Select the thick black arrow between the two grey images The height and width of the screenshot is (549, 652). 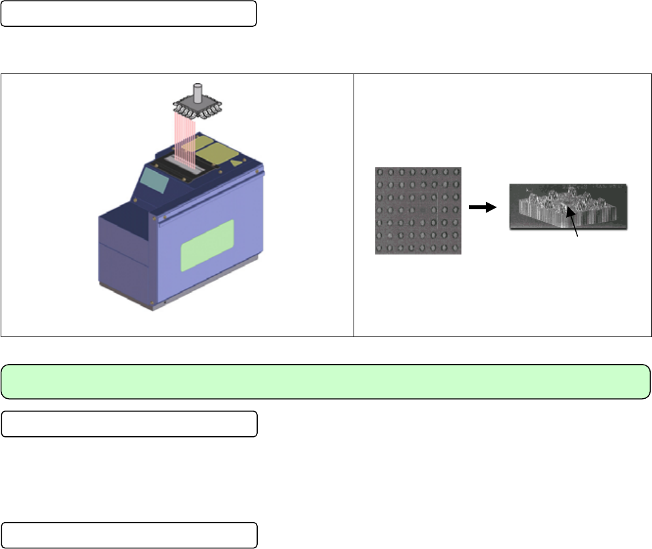pos(481,207)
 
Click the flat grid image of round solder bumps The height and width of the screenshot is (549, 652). pos(418,211)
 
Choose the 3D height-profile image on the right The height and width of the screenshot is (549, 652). pos(567,206)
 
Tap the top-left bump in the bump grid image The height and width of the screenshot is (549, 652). pos(380,173)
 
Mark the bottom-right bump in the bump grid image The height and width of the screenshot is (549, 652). pos(455,249)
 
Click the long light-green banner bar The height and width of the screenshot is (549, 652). pos(325,382)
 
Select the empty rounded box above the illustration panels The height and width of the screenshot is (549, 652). pos(129,14)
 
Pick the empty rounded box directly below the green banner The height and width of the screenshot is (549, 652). pos(129,424)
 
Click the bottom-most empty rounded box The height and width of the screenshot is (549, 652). pos(129,535)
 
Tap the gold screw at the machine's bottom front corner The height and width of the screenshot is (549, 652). pos(153,304)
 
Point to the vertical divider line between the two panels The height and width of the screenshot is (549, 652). pos(354,205)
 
